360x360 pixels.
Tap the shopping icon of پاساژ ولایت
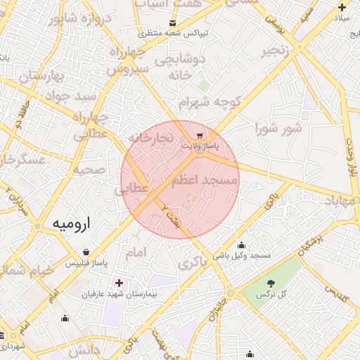tap(200, 136)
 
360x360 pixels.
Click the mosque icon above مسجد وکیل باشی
tap(242, 245)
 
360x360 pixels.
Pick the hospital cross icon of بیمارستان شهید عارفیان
tap(118, 283)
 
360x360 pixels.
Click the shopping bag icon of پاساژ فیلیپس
tap(86, 252)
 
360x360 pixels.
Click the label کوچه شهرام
tap(210, 103)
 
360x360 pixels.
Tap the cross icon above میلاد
tap(342, 6)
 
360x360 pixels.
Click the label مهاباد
tap(341, 201)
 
